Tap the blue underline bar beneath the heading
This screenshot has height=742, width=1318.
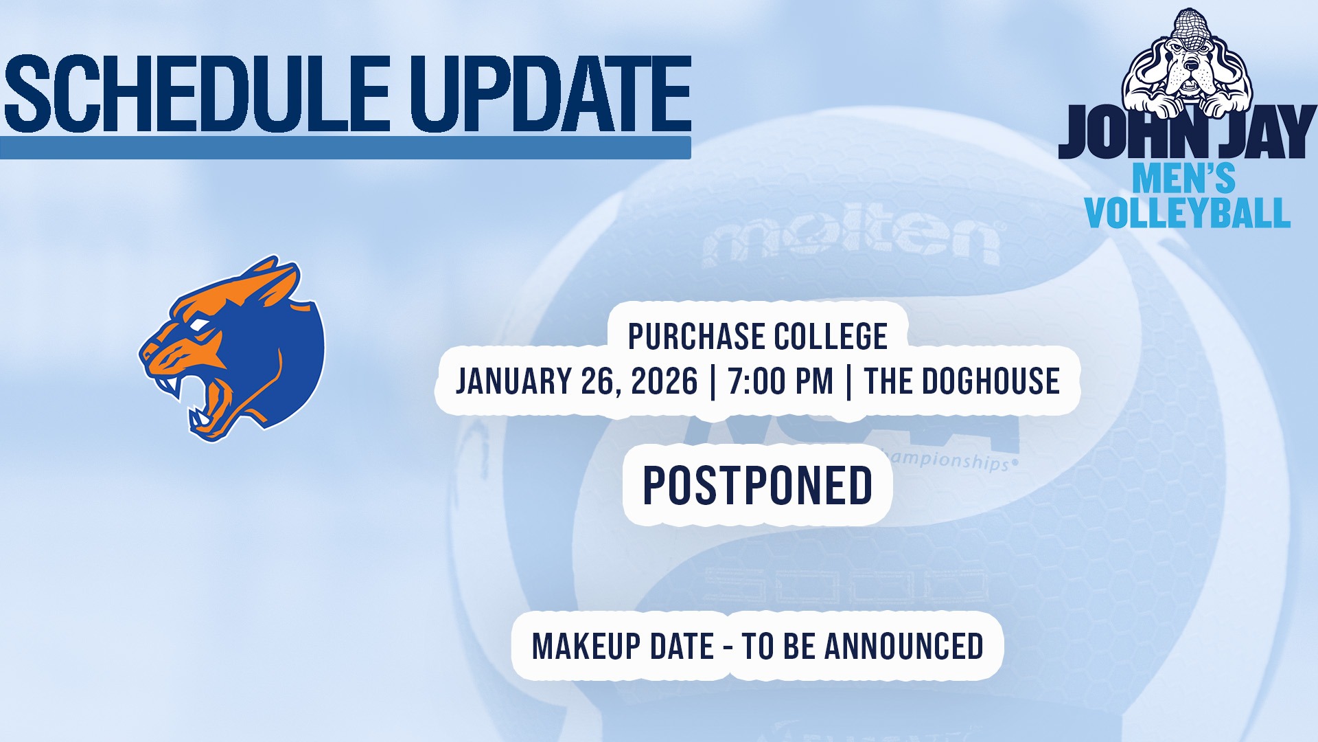coord(345,148)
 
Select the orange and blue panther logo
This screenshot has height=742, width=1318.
coord(232,348)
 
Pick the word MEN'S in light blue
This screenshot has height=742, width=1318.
coord(1183,179)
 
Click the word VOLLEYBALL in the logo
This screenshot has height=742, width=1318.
coord(1188,212)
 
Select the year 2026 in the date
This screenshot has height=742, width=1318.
coord(664,381)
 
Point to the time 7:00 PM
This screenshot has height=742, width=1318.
coord(781,381)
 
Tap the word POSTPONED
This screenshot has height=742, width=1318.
coord(757,485)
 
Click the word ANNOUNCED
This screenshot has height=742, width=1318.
coord(904,647)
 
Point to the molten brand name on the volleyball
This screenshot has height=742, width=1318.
coord(851,241)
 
